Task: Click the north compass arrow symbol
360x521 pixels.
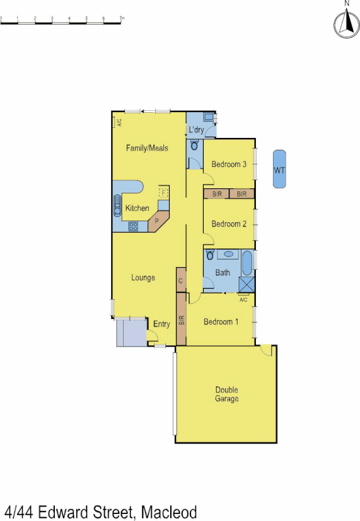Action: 345,23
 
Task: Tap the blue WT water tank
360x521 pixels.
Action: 279,169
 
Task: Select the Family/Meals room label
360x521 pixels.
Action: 147,148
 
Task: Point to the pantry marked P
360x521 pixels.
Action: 156,221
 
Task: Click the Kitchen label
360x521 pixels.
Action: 137,209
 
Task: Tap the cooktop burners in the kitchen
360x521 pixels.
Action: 134,227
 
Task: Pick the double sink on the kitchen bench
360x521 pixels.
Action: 118,205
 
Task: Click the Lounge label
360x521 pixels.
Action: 143,278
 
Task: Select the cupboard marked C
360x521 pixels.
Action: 181,280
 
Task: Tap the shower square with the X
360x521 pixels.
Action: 247,285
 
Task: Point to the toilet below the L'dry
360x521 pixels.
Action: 194,146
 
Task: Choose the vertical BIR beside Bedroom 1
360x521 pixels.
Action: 182,319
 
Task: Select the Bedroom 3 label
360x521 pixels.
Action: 228,164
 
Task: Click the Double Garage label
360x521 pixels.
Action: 227,394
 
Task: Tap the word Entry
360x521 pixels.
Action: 161,324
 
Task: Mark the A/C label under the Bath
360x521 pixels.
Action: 243,300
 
